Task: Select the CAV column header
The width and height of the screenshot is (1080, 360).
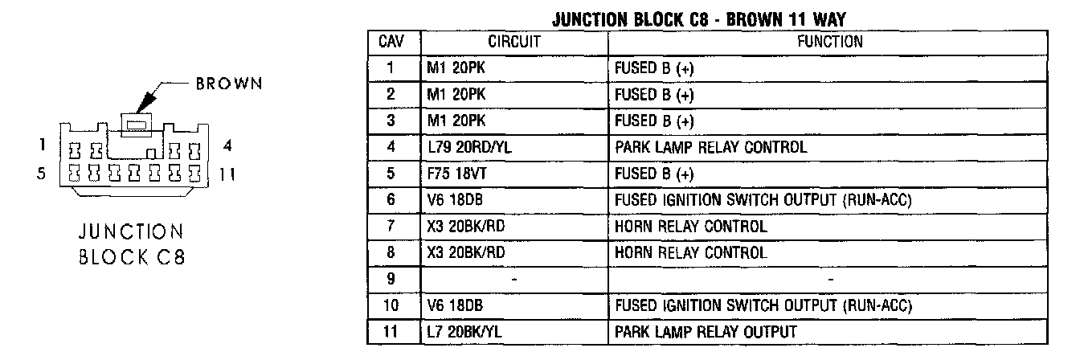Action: pyautogui.click(x=391, y=42)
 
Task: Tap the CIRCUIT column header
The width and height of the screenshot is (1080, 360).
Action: pyautogui.click(x=514, y=42)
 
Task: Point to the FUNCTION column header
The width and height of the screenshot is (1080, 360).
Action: pyautogui.click(x=829, y=42)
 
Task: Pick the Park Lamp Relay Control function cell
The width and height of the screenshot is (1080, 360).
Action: pyautogui.click(x=710, y=148)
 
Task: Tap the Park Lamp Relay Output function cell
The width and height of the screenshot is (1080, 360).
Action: pyautogui.click(x=706, y=332)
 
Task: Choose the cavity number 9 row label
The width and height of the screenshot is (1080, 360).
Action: pyautogui.click(x=391, y=279)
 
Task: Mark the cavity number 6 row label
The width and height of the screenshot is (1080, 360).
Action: pyautogui.click(x=391, y=200)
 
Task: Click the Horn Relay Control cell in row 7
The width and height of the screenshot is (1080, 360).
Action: pyautogui.click(x=690, y=227)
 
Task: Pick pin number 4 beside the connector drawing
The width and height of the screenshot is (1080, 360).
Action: pyautogui.click(x=227, y=147)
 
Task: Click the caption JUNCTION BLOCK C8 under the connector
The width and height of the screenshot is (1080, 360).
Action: pyautogui.click(x=132, y=244)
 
